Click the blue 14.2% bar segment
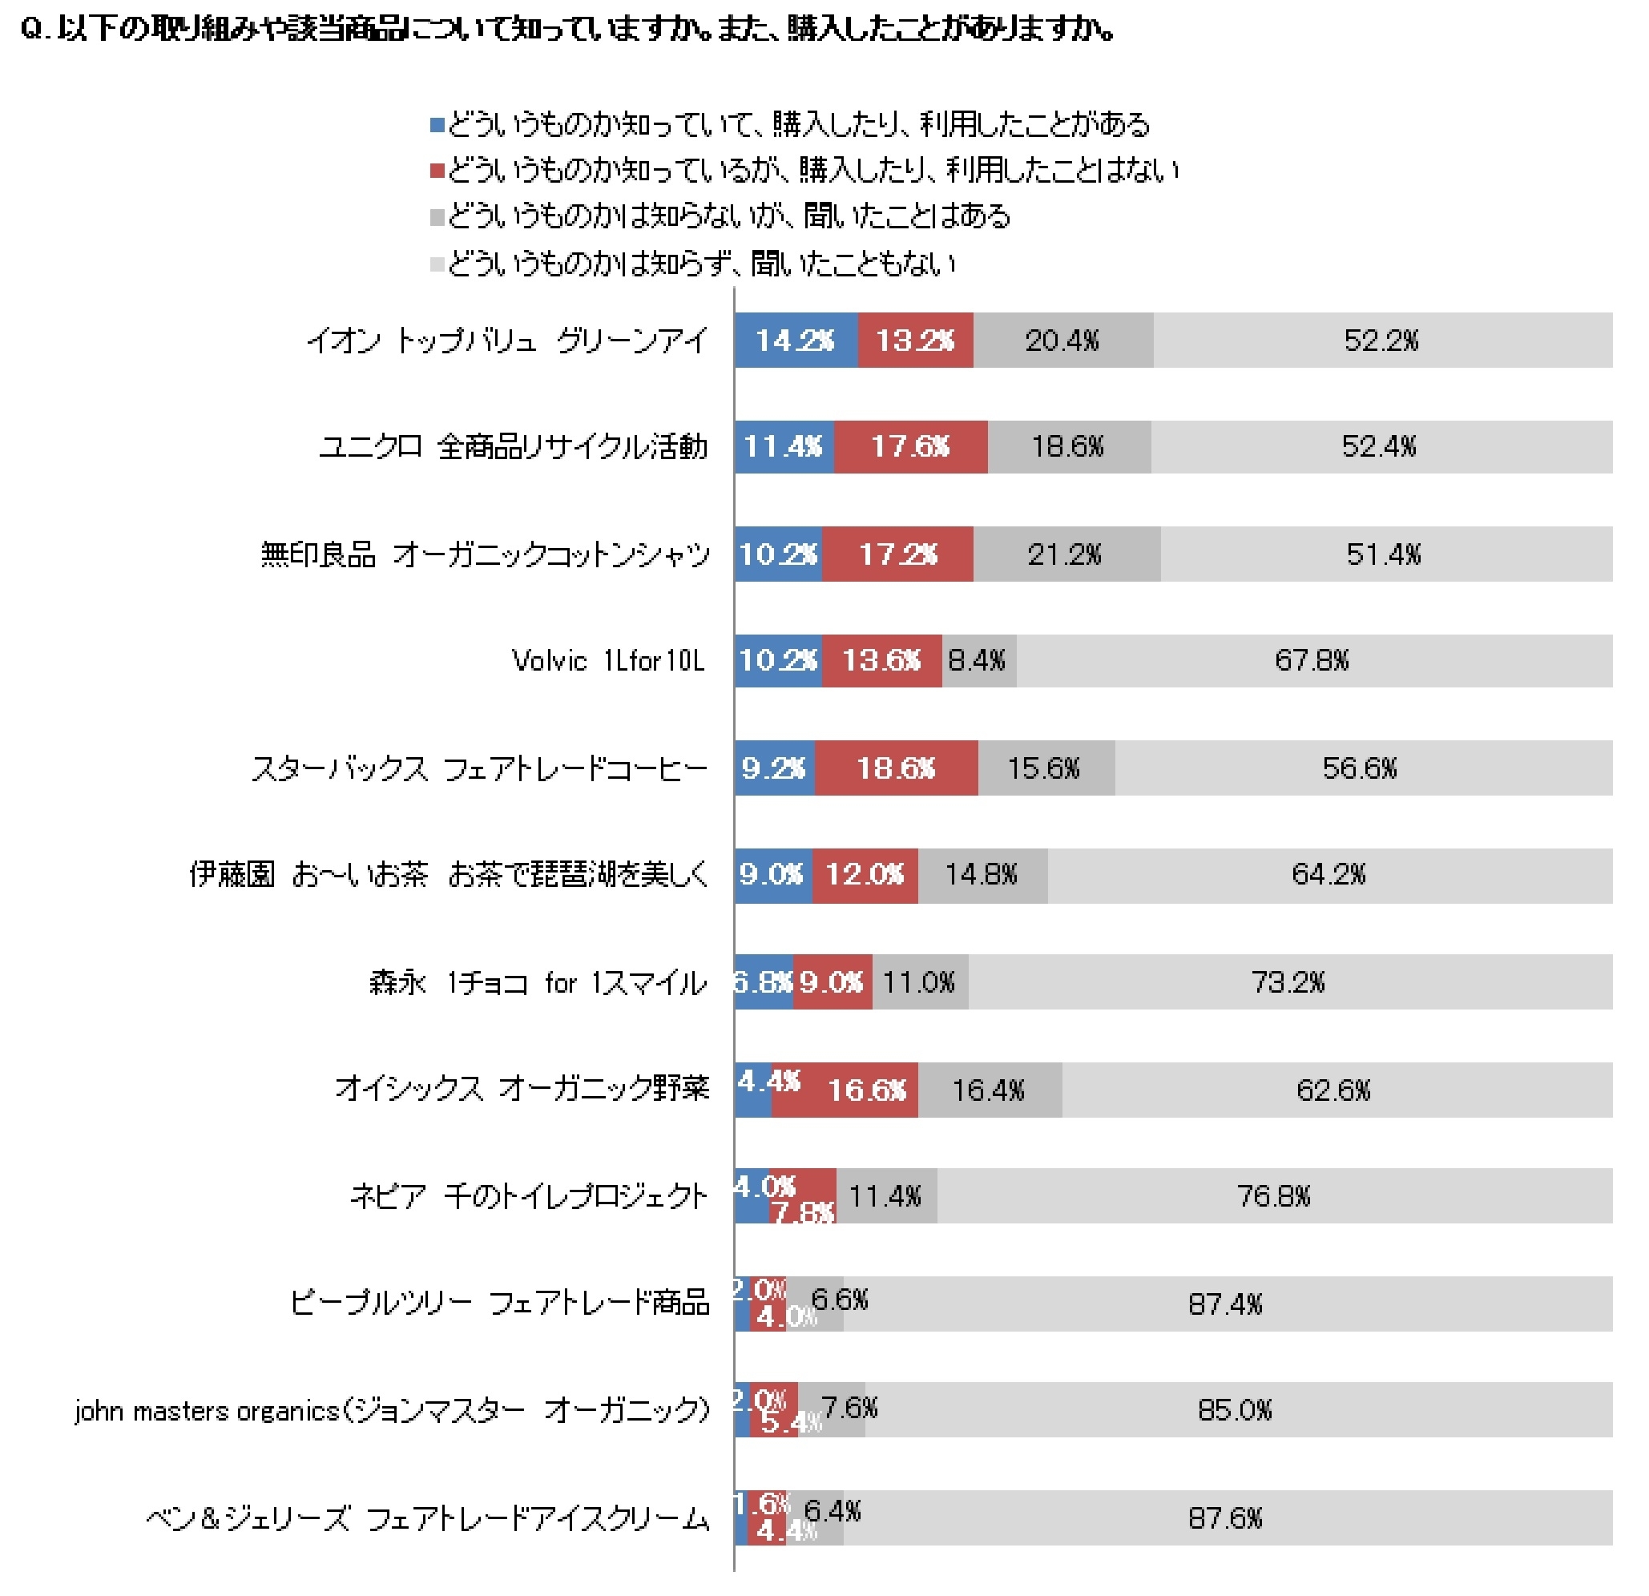click(795, 340)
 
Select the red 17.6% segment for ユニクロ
click(910, 446)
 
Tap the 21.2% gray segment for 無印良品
click(1065, 554)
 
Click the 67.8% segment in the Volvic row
click(1312, 660)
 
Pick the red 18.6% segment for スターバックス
click(896, 768)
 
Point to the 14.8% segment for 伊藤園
click(982, 875)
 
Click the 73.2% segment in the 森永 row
click(1288, 981)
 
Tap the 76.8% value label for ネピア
click(1274, 1195)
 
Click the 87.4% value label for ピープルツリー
click(1226, 1304)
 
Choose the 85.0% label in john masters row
click(1235, 1410)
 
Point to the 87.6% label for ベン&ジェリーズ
click(1226, 1517)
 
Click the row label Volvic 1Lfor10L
click(607, 661)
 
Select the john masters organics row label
click(392, 1411)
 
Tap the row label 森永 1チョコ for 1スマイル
click(538, 982)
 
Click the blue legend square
click(437, 125)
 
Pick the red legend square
click(437, 171)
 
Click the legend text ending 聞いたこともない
click(702, 264)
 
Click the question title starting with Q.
click(568, 30)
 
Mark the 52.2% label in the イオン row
click(1381, 340)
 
